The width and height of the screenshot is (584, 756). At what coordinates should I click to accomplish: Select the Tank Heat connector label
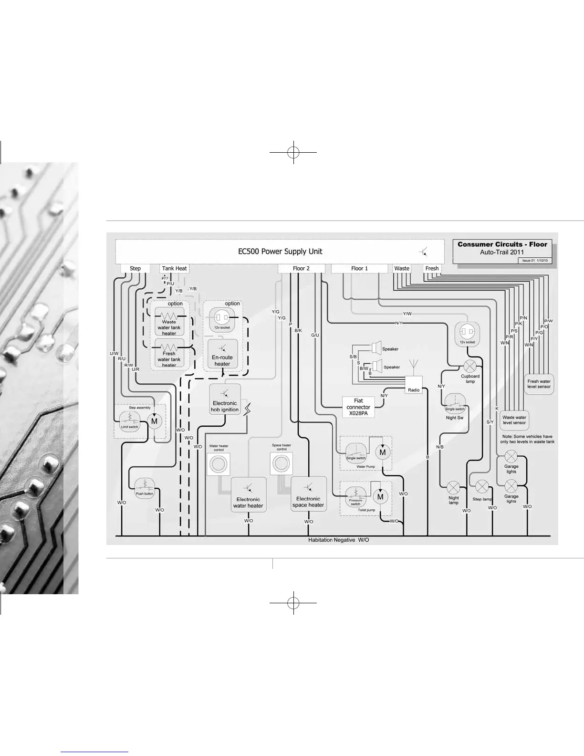(x=174, y=268)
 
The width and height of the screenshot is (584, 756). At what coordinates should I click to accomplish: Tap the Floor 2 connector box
(x=301, y=268)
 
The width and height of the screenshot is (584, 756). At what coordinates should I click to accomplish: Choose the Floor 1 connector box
(x=359, y=268)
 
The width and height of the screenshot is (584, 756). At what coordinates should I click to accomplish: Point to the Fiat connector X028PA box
(x=358, y=407)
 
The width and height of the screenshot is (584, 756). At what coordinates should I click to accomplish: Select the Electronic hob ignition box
(x=225, y=400)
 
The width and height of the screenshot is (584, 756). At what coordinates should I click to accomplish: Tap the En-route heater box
(x=222, y=354)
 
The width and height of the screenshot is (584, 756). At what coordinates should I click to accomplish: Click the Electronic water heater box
(x=248, y=495)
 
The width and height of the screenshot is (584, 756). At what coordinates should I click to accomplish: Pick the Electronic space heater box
(x=308, y=494)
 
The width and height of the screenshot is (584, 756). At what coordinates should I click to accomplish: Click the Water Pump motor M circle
(x=383, y=452)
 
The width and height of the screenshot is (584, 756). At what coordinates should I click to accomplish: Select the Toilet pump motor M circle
(x=380, y=497)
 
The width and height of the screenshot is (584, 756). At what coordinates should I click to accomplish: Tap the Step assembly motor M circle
(x=154, y=421)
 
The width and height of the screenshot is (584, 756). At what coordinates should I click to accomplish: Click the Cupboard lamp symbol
(x=470, y=367)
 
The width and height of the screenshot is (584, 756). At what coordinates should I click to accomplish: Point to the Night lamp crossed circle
(x=453, y=487)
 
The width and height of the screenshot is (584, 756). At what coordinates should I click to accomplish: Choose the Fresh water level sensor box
(x=539, y=384)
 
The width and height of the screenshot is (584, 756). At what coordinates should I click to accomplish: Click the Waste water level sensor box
(x=514, y=420)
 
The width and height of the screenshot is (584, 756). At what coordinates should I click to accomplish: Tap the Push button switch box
(x=145, y=487)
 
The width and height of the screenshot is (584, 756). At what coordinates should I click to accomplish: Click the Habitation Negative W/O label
(x=338, y=540)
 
